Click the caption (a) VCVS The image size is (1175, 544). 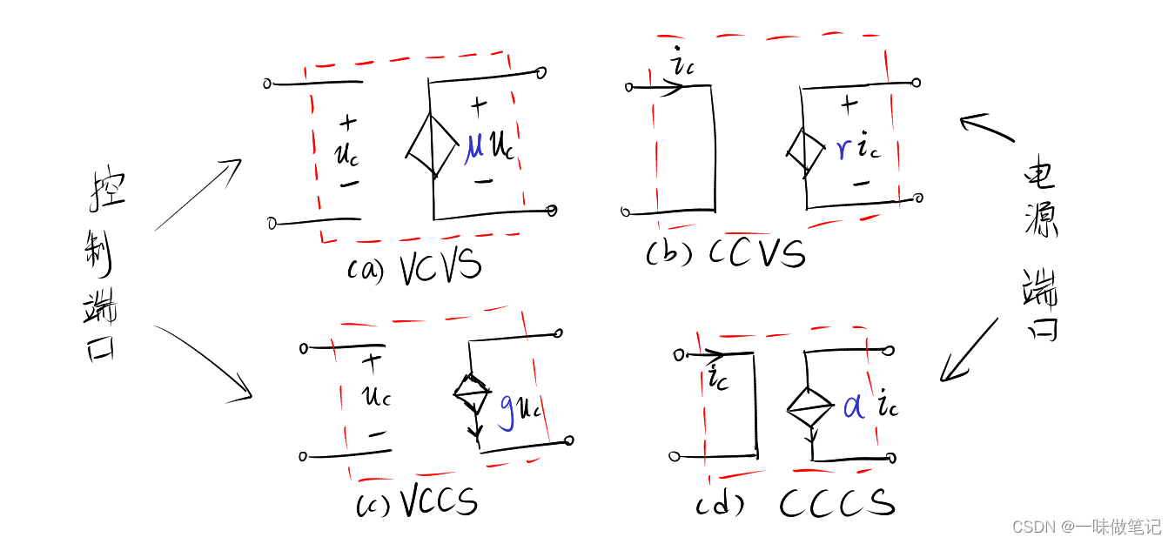[414, 268]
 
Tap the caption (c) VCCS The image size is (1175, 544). [418, 504]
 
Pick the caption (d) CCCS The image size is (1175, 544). [795, 504]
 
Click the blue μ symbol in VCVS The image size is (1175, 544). [474, 145]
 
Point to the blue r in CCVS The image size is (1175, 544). [843, 149]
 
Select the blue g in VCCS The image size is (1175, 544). [506, 410]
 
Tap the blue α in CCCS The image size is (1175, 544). [855, 406]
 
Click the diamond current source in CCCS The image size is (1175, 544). [809, 406]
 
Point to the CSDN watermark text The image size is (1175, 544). [1086, 527]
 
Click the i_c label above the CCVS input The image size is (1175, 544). [681, 64]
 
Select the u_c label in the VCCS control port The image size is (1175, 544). [377, 396]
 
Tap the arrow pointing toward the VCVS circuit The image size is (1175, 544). [198, 196]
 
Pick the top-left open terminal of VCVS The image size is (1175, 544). [267, 84]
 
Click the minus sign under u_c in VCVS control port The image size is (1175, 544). [349, 184]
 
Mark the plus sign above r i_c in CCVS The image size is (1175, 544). [849, 104]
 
